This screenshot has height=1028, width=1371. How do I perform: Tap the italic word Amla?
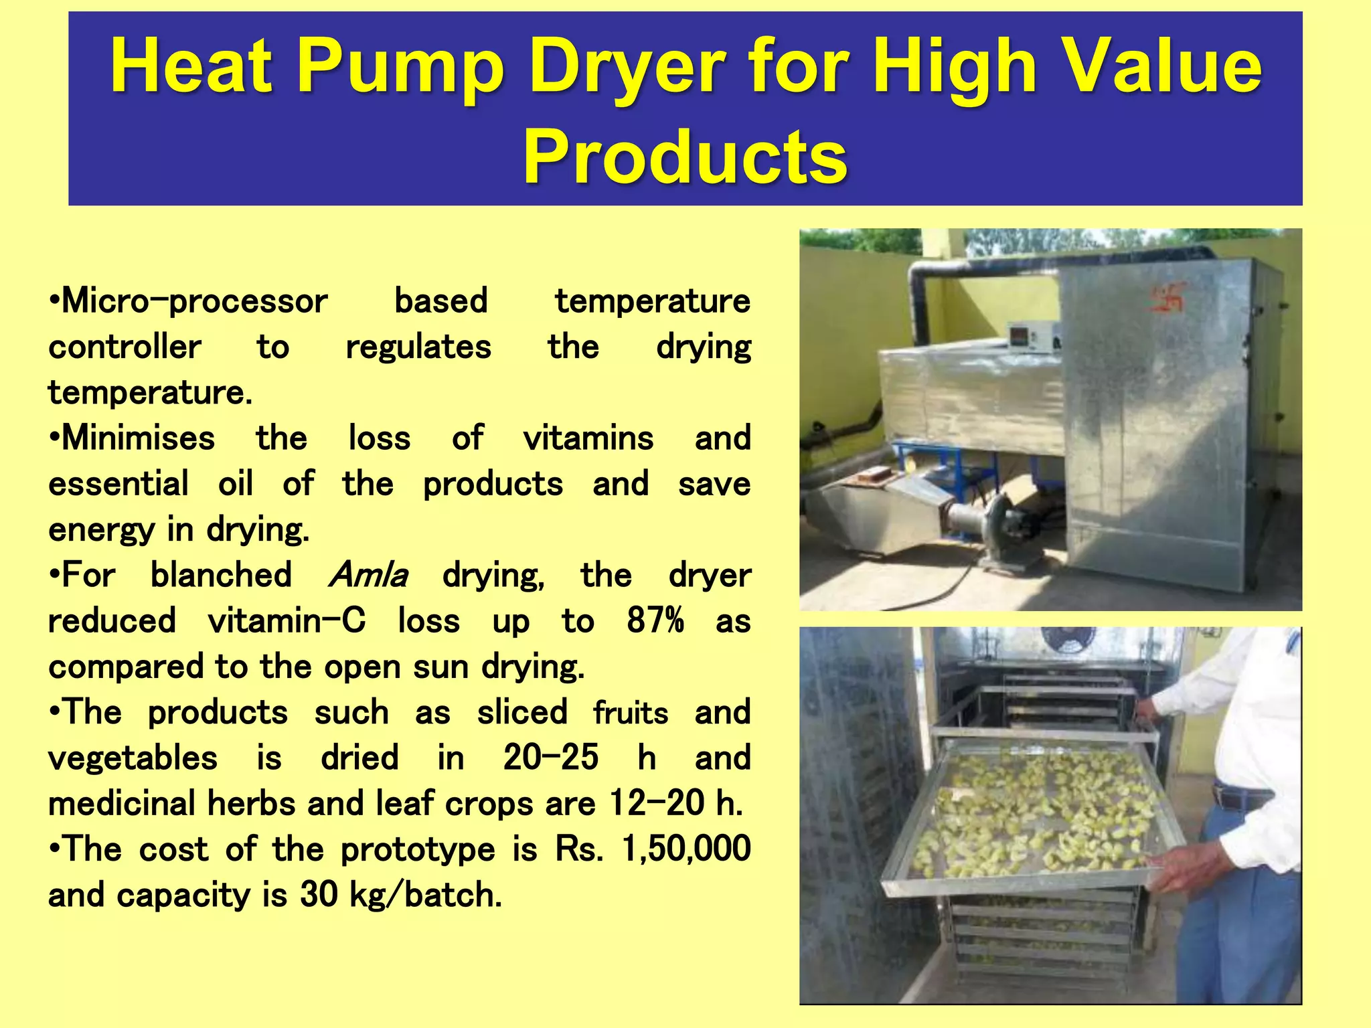click(368, 575)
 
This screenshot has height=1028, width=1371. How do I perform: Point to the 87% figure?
click(655, 620)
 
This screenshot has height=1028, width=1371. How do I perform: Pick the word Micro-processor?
click(189, 301)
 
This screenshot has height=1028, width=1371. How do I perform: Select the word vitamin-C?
click(287, 620)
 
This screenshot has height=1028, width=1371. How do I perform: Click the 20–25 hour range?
click(550, 758)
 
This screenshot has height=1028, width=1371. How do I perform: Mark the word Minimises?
click(133, 438)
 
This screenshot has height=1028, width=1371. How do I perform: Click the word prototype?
click(418, 849)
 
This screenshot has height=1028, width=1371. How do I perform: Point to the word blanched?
click(221, 575)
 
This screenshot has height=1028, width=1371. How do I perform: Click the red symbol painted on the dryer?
click(1167, 297)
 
